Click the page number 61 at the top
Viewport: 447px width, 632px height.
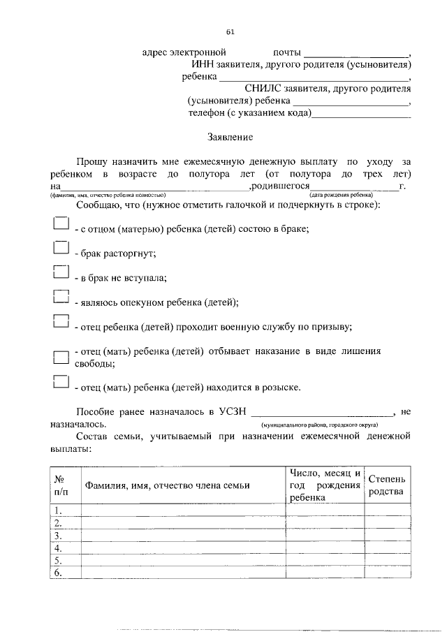pyautogui.click(x=230, y=31)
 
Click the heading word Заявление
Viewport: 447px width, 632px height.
pyautogui.click(x=230, y=138)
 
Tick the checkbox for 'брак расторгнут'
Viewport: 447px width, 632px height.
pyautogui.click(x=61, y=249)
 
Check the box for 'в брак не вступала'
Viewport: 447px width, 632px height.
pyautogui.click(x=61, y=273)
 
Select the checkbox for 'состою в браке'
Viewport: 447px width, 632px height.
pyautogui.click(x=61, y=224)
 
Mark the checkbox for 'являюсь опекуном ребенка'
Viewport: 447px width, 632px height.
pyautogui.click(x=61, y=297)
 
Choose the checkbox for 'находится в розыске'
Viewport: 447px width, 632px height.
pyautogui.click(x=61, y=382)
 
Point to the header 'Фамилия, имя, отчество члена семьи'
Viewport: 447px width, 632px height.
pyautogui.click(x=167, y=486)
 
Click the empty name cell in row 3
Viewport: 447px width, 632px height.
pyautogui.click(x=182, y=536)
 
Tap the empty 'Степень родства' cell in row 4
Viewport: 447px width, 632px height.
pyautogui.click(x=386, y=548)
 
